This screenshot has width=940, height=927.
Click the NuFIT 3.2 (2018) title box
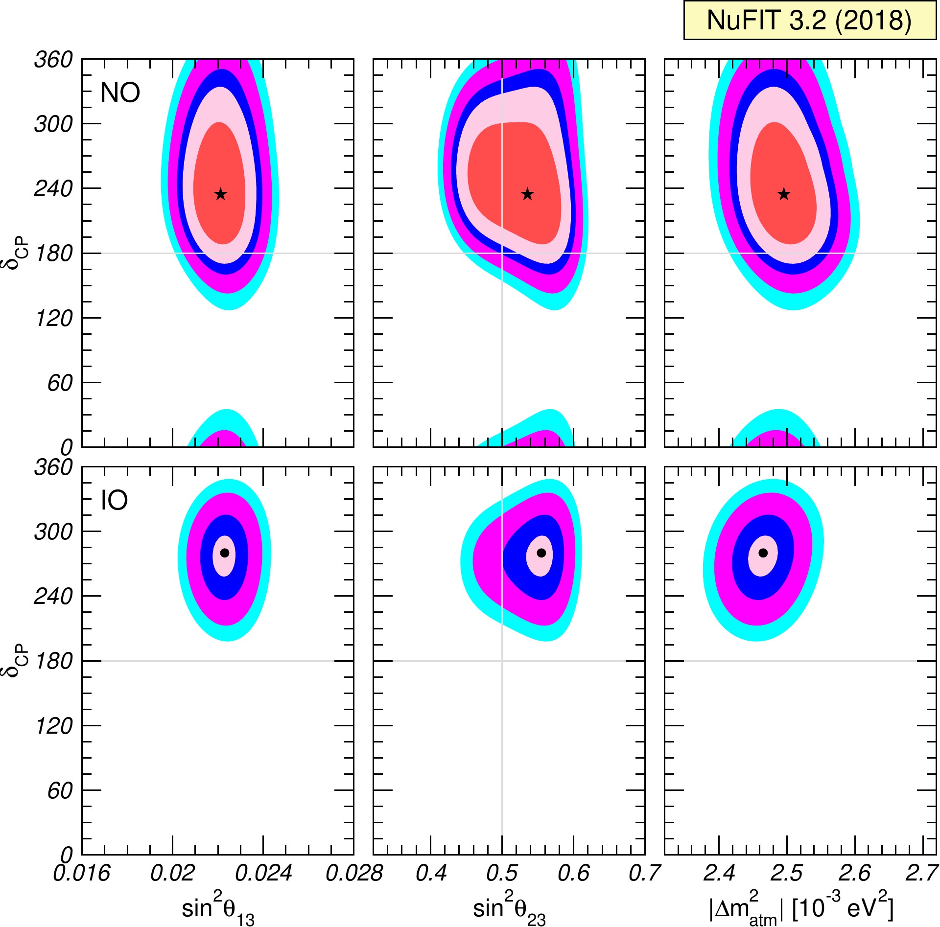810,21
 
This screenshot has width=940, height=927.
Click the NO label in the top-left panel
120,93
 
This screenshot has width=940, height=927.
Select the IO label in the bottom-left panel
114,500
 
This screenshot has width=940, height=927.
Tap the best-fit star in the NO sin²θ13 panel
221,194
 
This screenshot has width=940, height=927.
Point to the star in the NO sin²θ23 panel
527,194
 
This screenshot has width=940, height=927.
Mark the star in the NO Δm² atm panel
784,194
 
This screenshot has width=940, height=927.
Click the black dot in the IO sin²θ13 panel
225,553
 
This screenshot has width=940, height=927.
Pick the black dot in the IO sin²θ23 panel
541,553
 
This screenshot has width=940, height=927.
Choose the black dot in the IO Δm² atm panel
763,553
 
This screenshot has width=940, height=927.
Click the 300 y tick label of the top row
53,124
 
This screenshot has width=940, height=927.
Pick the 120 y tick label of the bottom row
53,726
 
